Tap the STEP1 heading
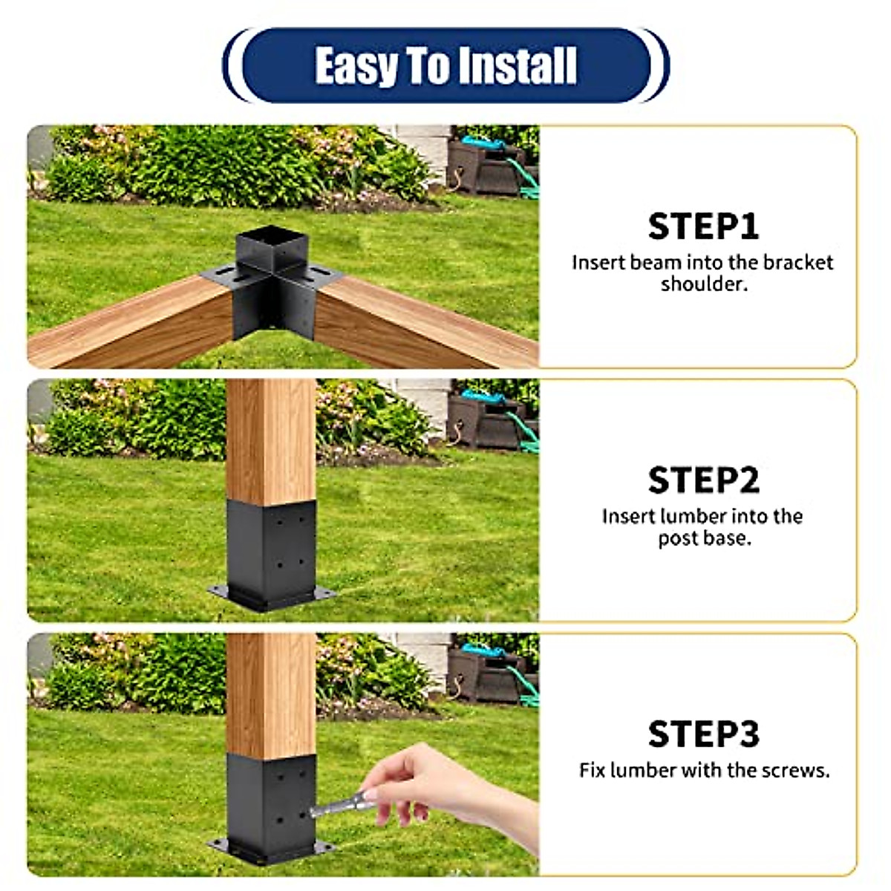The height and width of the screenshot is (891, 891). (x=703, y=226)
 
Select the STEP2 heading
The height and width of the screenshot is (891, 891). (x=703, y=480)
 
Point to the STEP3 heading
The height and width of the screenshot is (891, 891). (x=703, y=734)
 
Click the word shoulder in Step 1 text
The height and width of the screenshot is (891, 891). (x=702, y=284)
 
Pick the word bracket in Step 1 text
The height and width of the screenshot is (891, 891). (x=798, y=263)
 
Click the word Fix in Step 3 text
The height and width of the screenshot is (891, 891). (x=593, y=770)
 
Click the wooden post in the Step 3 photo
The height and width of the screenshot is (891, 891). (x=272, y=694)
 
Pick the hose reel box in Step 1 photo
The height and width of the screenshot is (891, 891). (x=486, y=163)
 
